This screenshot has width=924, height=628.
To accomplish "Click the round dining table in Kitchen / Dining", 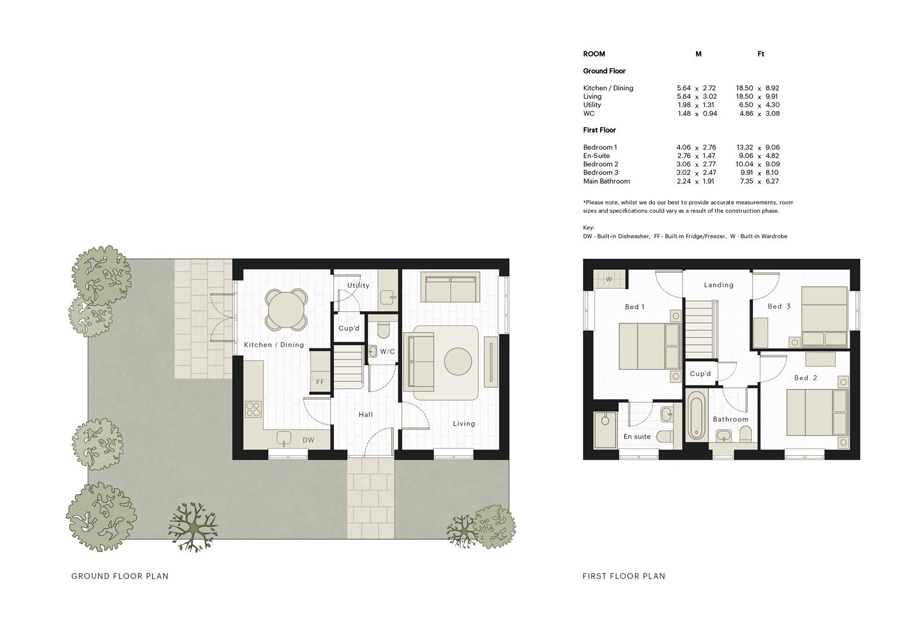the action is tap(286, 310).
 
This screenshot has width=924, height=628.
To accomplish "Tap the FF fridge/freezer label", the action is tap(320, 382).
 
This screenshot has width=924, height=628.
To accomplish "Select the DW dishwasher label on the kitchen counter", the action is tap(309, 440).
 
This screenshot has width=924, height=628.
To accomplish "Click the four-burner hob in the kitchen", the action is tap(254, 409).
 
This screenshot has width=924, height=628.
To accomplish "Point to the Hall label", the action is tap(366, 415).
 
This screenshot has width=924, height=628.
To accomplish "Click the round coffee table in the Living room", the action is tap(458, 362).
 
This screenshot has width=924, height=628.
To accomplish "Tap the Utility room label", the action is tap(358, 285).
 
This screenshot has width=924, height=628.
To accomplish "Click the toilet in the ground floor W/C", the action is tap(384, 329).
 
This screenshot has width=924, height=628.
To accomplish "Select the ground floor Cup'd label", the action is tap(349, 328).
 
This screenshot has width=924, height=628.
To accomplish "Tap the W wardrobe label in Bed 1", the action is tap(609, 279).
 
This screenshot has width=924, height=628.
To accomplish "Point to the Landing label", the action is tap(719, 285).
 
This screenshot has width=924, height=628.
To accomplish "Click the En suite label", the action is tap(637, 437).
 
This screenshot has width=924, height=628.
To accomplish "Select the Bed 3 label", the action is tap(779, 306).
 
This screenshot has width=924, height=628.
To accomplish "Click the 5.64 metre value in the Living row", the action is tap(683, 97).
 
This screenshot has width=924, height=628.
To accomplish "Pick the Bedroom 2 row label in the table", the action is tap(601, 164).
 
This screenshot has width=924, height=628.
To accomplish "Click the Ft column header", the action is tap(761, 54).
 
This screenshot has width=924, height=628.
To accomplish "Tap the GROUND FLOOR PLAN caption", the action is tap(120, 576).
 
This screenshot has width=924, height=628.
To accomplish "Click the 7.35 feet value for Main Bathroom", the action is tap(747, 181).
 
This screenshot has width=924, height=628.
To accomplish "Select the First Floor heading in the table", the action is tap(600, 130).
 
